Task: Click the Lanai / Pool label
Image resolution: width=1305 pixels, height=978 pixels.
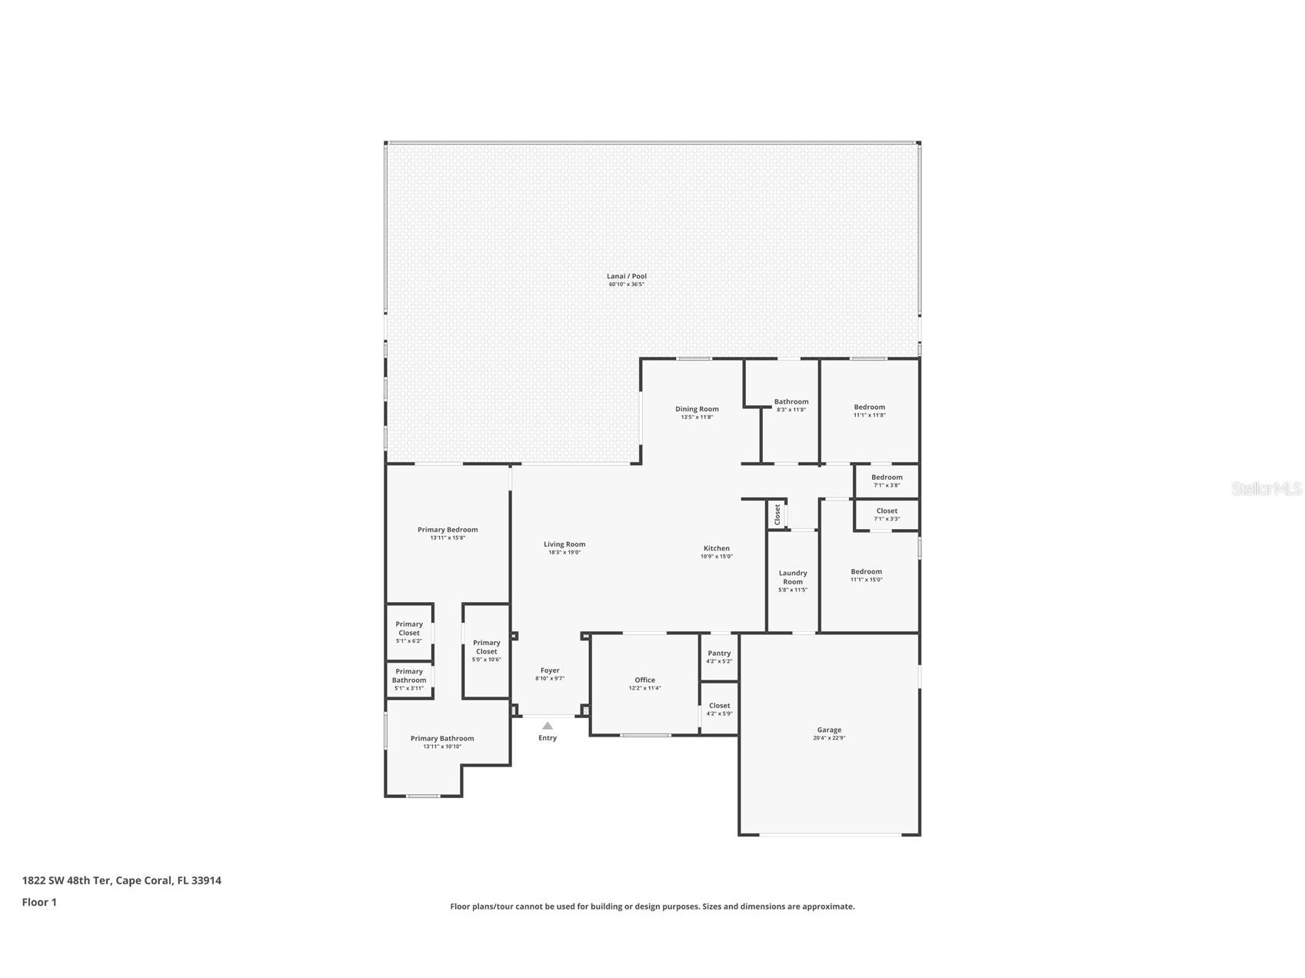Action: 626,276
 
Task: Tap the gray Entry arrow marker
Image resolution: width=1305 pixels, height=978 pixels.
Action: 548,726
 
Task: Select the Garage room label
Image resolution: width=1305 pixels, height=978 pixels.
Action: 829,730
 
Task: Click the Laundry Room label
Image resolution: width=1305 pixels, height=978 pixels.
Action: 793,577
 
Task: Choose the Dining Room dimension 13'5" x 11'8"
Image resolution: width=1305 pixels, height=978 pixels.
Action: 697,417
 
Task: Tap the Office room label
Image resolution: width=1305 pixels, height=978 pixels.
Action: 644,680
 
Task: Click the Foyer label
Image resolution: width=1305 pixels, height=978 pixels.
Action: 550,670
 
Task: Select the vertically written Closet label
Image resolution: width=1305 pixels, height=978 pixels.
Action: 777,514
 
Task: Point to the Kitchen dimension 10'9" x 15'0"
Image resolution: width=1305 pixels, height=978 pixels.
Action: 716,557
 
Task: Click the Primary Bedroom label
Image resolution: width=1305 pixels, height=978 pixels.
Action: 448,530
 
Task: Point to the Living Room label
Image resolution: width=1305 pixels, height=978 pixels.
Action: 564,544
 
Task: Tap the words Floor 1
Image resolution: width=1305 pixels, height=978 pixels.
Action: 39,902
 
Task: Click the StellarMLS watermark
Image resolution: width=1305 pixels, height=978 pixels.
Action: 1266,489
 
